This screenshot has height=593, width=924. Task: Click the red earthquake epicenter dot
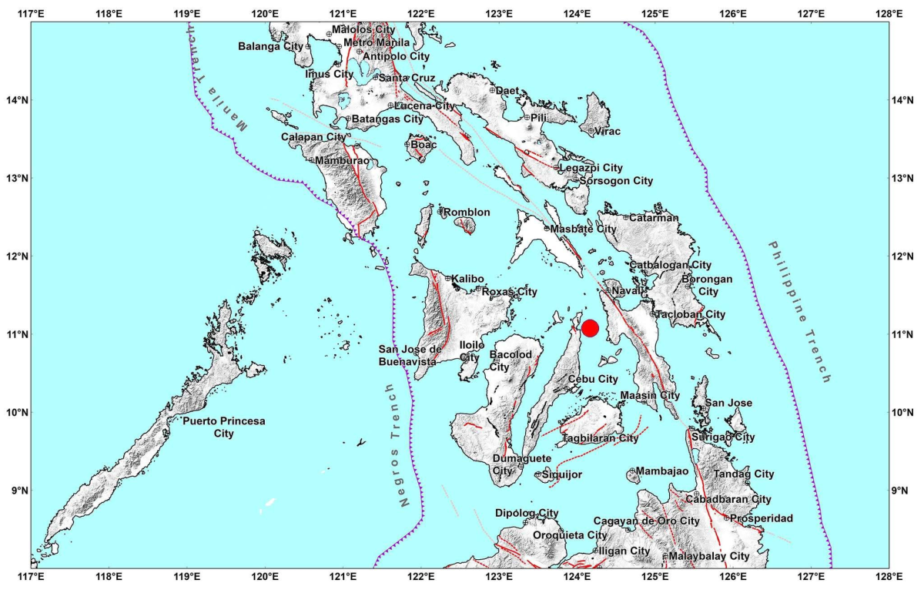[x=591, y=328]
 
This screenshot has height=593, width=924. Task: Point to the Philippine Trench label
[x=800, y=312]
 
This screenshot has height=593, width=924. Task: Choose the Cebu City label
[x=593, y=379]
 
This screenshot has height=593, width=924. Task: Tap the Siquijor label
[x=560, y=474]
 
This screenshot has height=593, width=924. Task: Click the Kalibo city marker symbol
[x=448, y=278]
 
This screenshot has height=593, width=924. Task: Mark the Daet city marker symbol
[x=492, y=90]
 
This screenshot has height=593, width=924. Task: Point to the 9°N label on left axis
[x=15, y=491]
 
